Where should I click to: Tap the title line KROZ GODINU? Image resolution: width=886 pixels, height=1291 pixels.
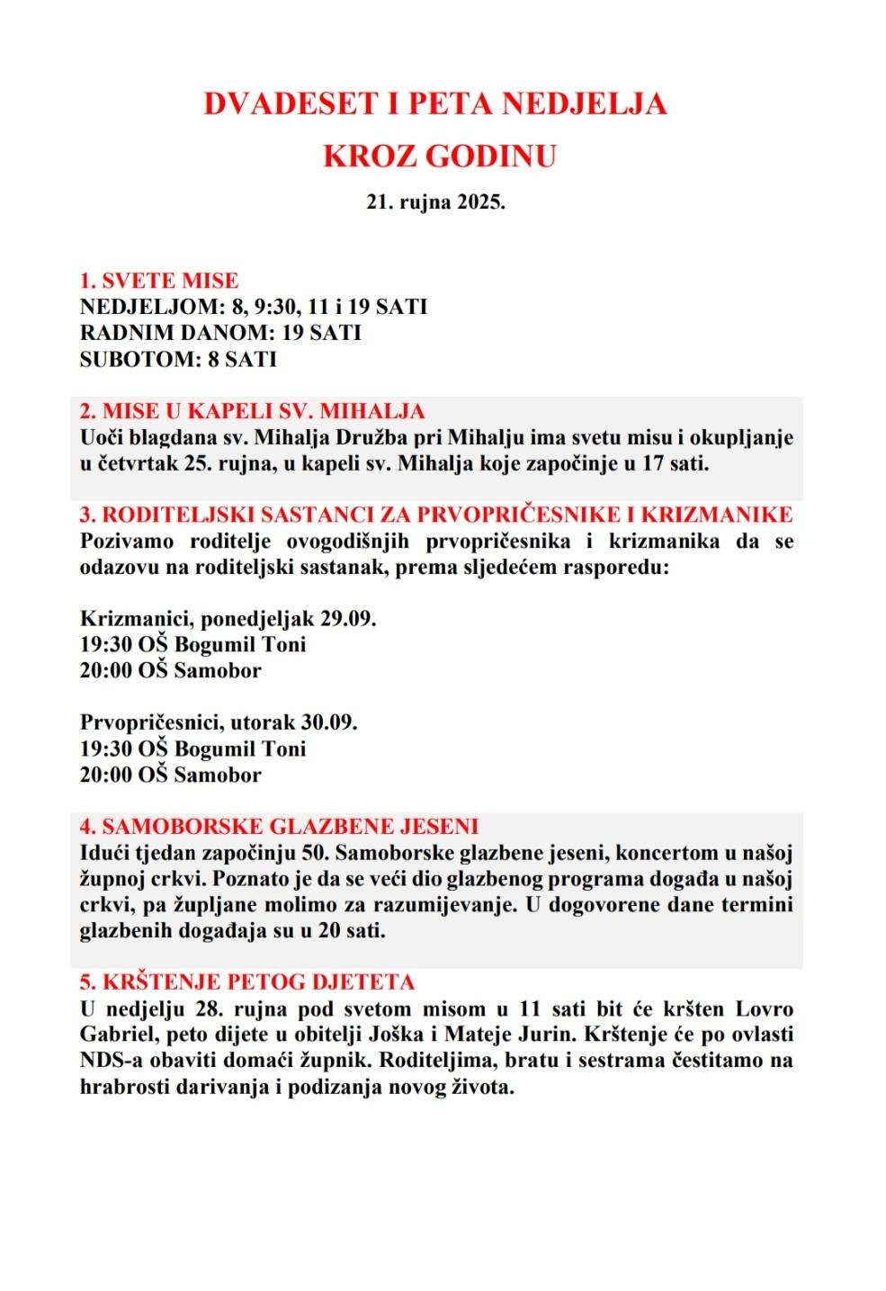point(439,157)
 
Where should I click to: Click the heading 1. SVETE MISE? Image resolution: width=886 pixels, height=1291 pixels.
point(159,281)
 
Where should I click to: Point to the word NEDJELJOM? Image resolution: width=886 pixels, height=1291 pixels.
point(150,307)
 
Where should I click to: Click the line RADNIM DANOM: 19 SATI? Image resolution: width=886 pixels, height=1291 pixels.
point(220,333)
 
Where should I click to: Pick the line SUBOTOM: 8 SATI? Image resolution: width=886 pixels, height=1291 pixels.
point(178,359)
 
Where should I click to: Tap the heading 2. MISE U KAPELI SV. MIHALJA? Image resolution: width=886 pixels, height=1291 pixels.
point(252,411)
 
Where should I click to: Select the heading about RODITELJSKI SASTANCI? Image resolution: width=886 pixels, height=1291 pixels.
point(436,515)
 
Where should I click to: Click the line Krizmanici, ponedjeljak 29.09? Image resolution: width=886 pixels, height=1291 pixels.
point(228,619)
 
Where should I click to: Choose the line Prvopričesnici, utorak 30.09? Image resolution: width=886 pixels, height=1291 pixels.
point(219,722)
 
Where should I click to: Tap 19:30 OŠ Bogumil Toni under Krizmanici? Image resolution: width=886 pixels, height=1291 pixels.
point(192,645)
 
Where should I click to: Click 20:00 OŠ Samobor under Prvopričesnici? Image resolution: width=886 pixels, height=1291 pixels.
point(170,775)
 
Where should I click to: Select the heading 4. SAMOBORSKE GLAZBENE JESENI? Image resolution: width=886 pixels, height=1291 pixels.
point(279,826)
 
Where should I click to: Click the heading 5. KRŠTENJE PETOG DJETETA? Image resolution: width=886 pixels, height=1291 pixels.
point(246,982)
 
